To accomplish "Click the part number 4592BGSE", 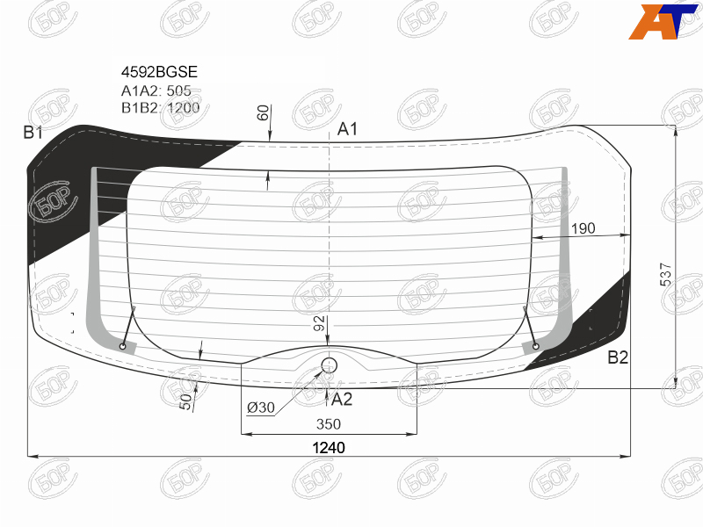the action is point(159,72).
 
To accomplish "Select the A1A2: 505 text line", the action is point(156,90).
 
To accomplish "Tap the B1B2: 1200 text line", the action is point(160,108).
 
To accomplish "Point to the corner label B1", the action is point(33,133).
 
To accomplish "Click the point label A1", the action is point(347,129).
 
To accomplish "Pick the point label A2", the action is point(342,399).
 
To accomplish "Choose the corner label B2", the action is point(618,357).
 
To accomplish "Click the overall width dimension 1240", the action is point(329,448).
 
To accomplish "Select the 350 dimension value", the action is point(329,424).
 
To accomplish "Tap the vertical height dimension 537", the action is point(666,274).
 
